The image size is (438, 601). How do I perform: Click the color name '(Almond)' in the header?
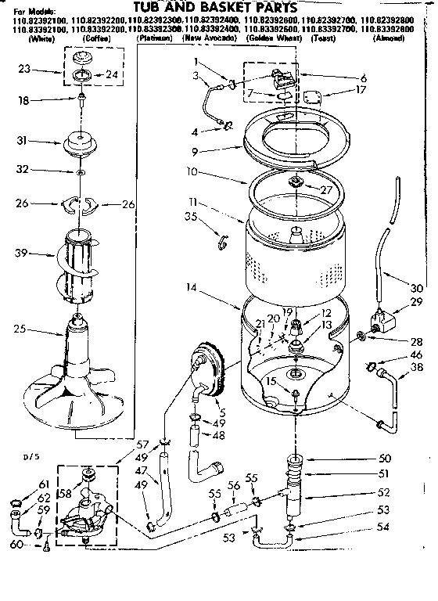(x=389, y=38)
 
